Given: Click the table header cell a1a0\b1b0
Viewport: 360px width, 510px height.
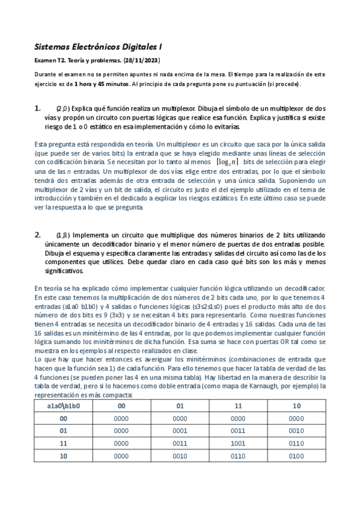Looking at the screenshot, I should pyautogui.click(x=63, y=405).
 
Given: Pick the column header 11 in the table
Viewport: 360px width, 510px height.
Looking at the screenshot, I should pyautogui.click(x=239, y=405).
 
